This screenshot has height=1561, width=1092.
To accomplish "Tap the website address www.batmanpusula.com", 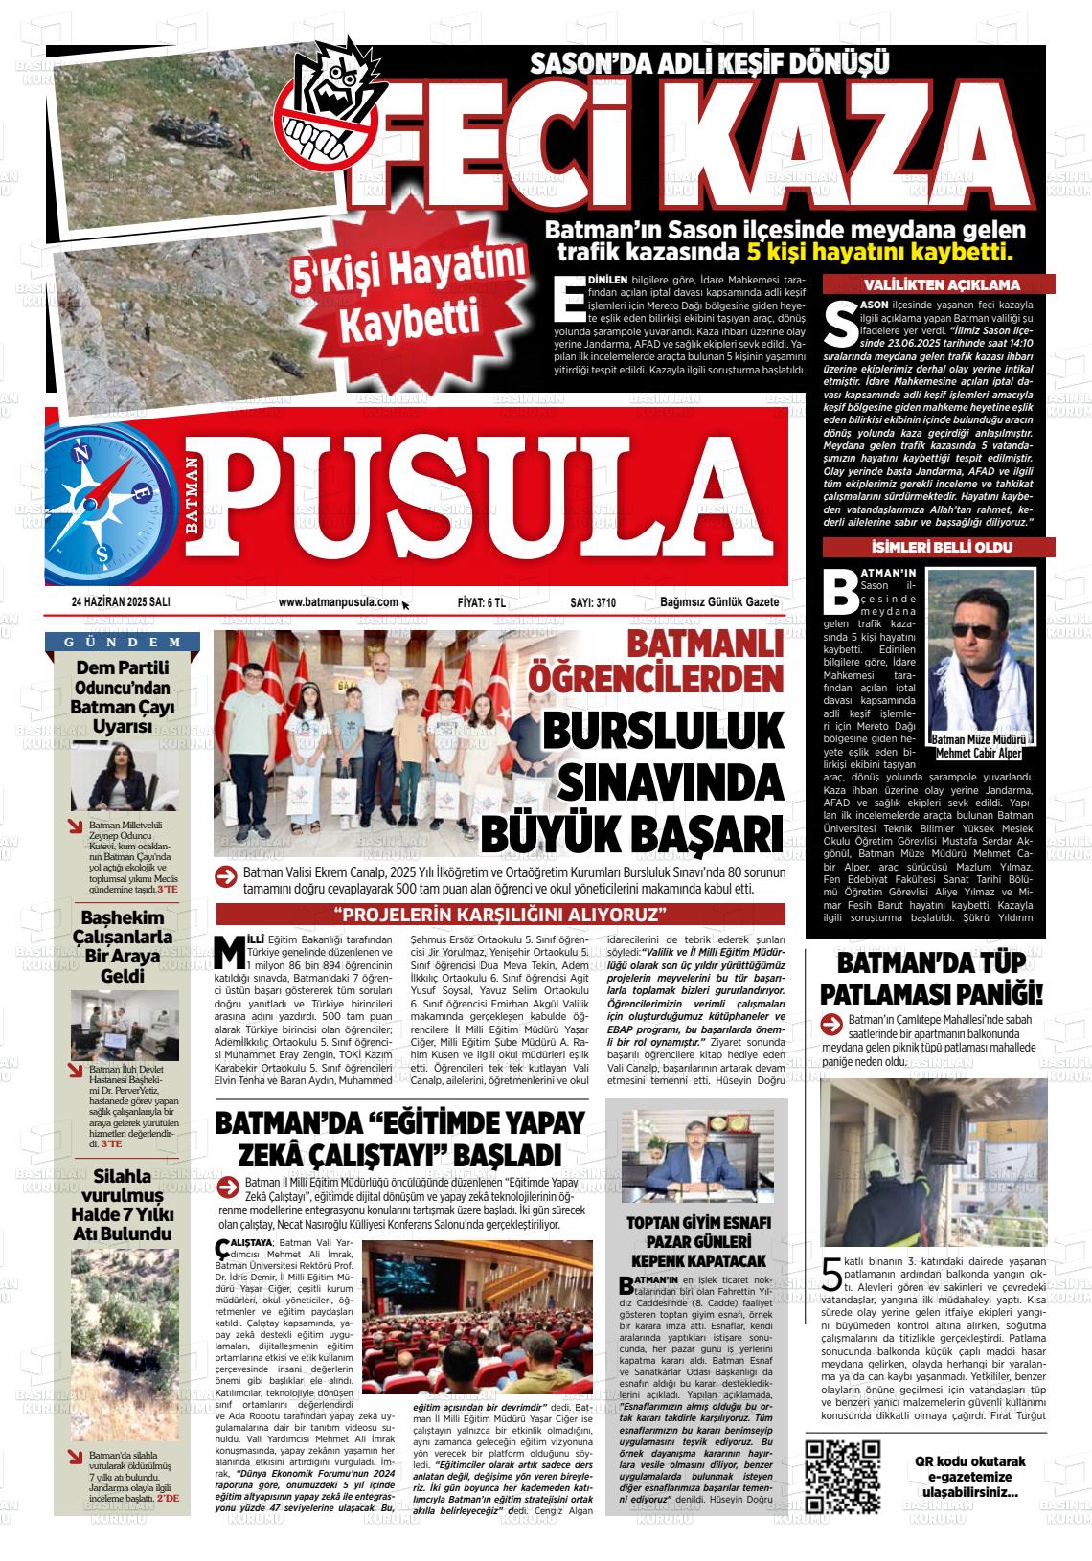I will click(x=338, y=602).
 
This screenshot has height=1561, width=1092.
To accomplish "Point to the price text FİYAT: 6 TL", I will click(x=482, y=602).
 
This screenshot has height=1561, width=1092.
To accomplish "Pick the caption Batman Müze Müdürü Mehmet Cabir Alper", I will click(x=980, y=747).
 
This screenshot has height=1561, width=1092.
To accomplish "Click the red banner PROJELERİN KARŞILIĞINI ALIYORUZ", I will click(x=500, y=913).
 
